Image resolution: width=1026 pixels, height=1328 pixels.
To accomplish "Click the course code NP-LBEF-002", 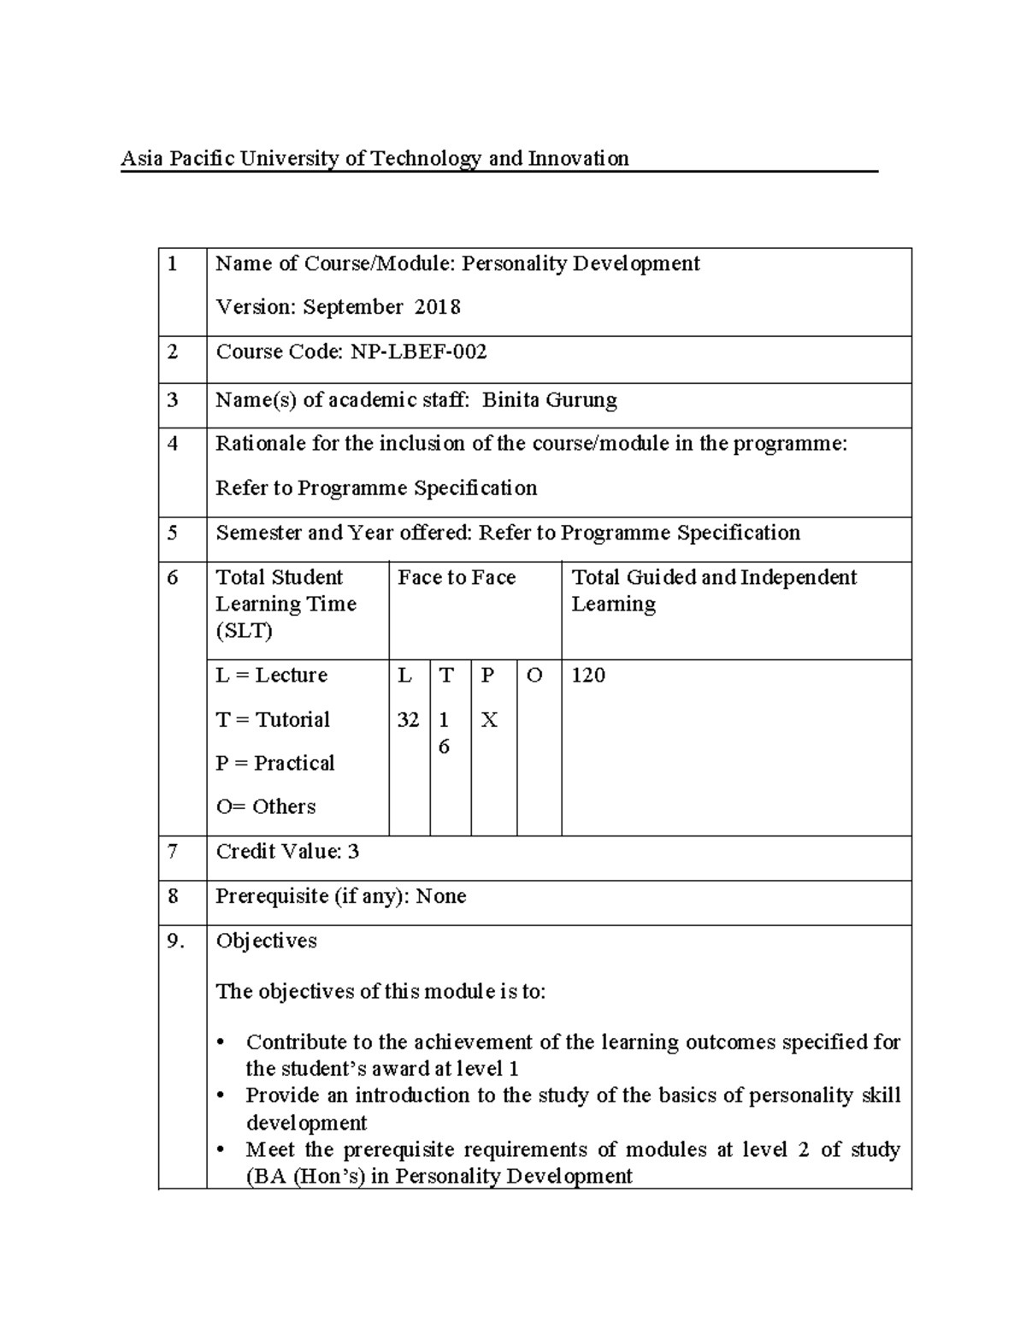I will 418,351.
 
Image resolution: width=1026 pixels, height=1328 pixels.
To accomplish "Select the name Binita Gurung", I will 549,400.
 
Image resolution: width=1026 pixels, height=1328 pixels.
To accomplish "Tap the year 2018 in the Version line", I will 437,307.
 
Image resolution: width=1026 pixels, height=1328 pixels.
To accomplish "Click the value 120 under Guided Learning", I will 587,676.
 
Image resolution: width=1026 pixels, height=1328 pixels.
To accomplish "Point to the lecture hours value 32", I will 408,720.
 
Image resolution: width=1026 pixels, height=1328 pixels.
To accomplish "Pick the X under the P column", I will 489,720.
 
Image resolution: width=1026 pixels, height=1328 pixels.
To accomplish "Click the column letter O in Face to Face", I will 534,676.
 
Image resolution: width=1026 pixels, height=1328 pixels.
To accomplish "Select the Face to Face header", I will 457,578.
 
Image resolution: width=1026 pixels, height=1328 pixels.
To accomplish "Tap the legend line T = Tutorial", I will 273,720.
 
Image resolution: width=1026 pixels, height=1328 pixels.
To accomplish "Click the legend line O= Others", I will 266,806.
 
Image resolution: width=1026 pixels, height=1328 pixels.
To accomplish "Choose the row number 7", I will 174,852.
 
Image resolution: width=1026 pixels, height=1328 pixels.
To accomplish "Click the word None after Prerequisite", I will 441,896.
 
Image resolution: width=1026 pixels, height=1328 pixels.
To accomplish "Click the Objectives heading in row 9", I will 266,941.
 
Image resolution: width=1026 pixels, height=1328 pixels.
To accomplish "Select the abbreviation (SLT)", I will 245,631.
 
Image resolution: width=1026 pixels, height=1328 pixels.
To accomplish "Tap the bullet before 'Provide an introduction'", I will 222,1096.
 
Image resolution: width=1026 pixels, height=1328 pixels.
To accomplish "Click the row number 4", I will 174,444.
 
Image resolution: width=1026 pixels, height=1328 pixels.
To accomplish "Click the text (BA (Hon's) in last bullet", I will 305,1177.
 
